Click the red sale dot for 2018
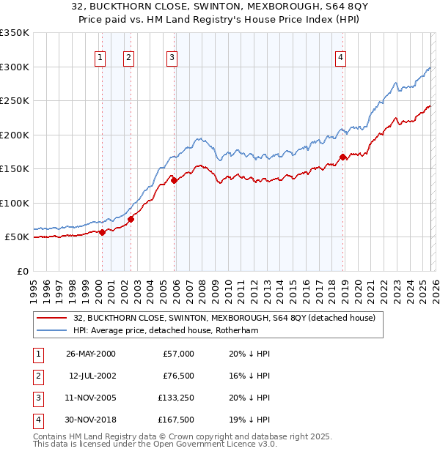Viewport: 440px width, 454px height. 343,157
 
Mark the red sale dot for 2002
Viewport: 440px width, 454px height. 131,218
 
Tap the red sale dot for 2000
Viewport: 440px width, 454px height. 102,232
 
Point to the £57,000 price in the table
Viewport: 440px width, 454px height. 178,354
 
